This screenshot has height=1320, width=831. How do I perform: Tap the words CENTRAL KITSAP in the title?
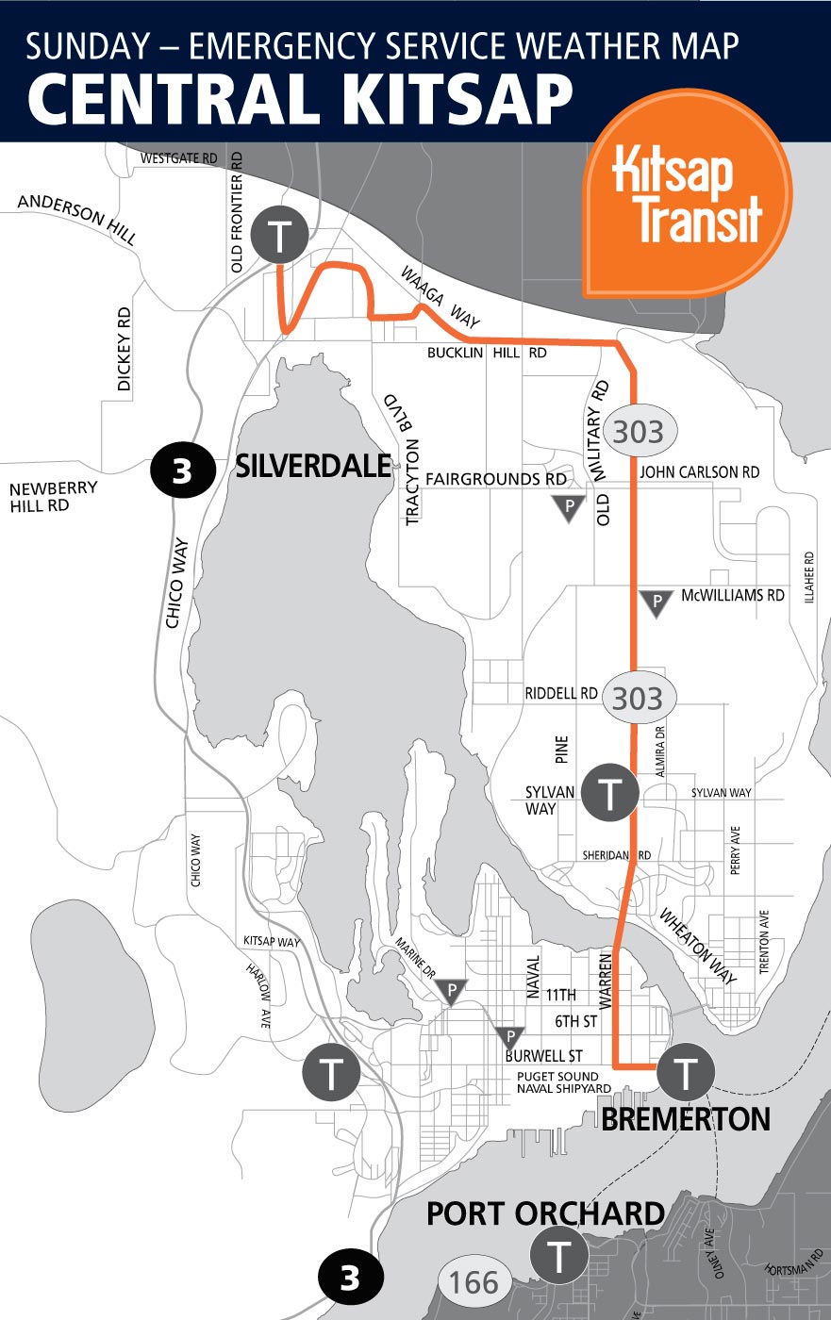click(300, 97)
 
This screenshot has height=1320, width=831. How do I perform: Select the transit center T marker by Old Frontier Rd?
click(280, 235)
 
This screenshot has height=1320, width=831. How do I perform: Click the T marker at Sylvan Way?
click(611, 792)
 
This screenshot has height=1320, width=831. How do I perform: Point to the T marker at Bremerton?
click(687, 1072)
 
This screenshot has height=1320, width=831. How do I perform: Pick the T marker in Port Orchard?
click(560, 1257)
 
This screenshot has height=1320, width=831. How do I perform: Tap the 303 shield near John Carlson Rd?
click(638, 432)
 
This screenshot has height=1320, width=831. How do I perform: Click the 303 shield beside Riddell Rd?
click(638, 699)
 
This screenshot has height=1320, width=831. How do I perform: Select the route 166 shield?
click(475, 1282)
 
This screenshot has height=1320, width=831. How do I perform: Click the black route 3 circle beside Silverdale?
click(182, 470)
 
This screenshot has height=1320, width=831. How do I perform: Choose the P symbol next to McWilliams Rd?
click(656, 602)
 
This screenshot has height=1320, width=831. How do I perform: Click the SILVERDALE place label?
click(313, 466)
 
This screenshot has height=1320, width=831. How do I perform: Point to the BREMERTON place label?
click(686, 1119)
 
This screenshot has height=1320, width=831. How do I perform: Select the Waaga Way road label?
click(440, 296)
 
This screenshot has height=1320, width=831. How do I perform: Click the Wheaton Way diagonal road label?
click(697, 947)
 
